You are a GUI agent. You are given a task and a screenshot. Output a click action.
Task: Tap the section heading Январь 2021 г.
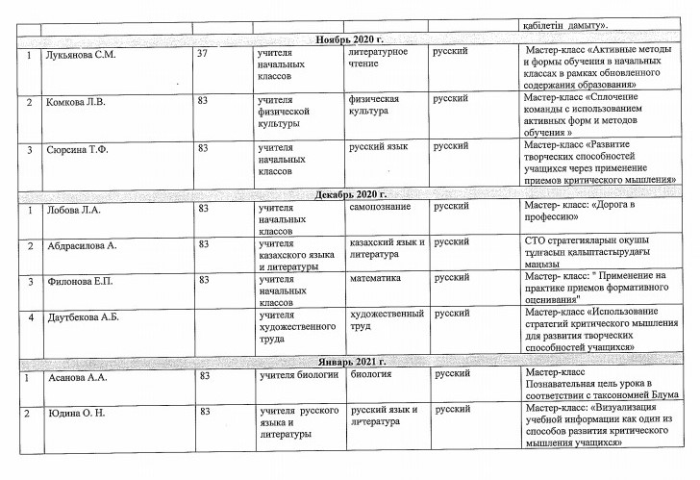(x=349, y=362)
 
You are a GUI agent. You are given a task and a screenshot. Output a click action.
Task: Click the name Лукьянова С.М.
(x=81, y=55)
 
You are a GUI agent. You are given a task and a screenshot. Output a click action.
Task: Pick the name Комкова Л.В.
(x=76, y=100)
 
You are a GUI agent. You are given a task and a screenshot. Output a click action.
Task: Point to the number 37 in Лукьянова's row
(x=202, y=55)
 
